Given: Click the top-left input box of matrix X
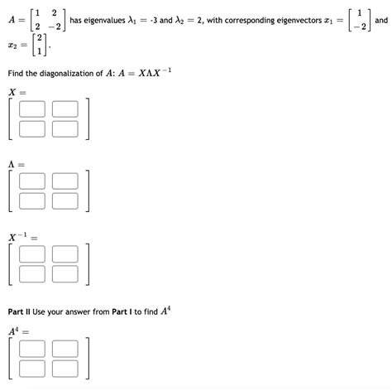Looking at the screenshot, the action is [x=32, y=108].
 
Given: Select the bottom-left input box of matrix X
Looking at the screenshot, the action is [x=32, y=128].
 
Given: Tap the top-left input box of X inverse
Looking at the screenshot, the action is [x=32, y=253].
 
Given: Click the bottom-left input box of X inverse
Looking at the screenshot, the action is [x=32, y=273].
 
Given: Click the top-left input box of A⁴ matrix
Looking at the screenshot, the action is [x=32, y=348].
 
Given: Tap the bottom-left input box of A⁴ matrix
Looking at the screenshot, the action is [x=32, y=368].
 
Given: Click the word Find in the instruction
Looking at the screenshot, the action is [x=17, y=74].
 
